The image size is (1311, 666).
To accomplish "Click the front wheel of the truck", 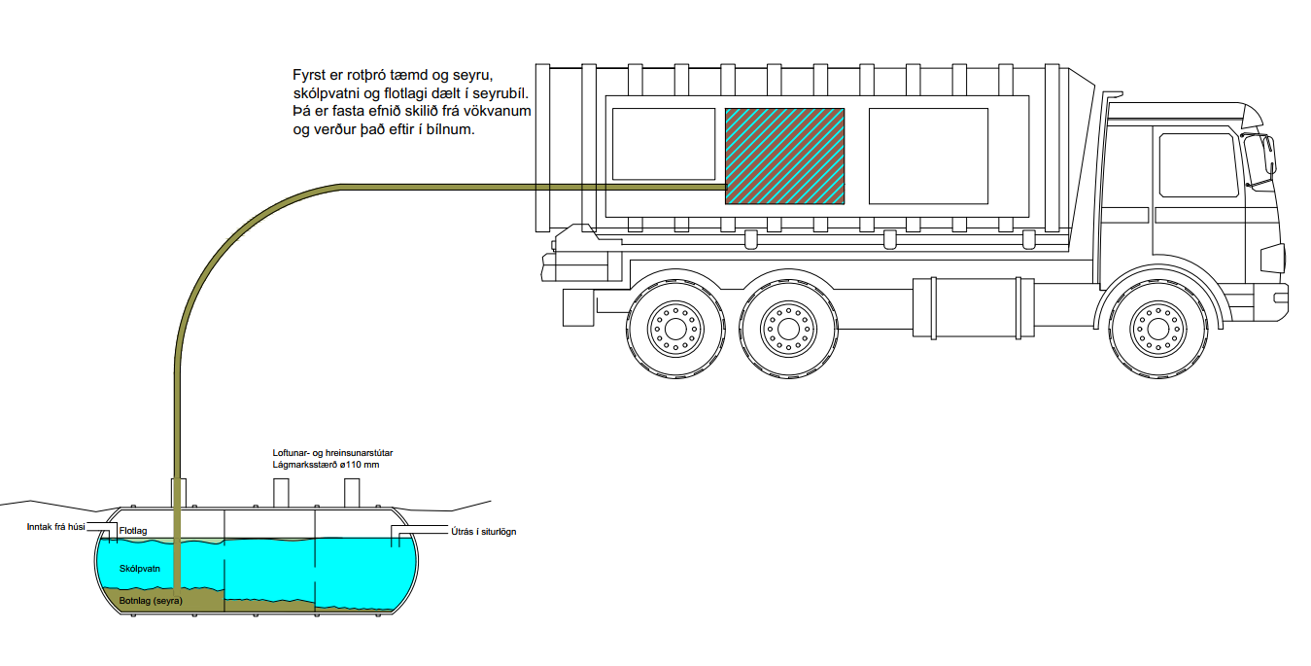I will [1155, 328].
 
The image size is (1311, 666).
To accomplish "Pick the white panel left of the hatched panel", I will [664, 144].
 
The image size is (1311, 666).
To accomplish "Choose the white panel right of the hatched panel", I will [928, 156].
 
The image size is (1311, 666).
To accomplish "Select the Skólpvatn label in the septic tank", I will [139, 566].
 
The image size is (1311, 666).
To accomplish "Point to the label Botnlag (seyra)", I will [151, 601].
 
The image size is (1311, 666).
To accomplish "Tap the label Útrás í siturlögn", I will [483, 532].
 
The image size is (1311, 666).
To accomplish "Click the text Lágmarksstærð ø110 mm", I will [325, 466].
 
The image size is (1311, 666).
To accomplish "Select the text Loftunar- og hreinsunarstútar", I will [332, 453].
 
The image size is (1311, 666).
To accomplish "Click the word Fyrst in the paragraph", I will [309, 75].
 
